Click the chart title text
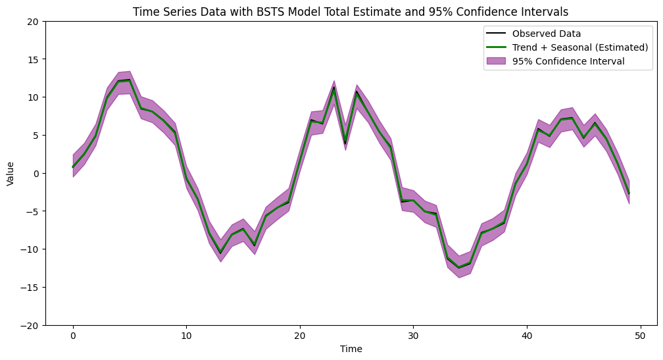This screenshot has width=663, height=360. pyautogui.click(x=351, y=12)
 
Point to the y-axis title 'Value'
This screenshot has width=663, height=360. pyautogui.click(x=11, y=173)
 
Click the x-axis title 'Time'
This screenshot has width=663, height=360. pyautogui.click(x=351, y=349)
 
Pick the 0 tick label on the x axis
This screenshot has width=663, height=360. pyautogui.click(x=73, y=336)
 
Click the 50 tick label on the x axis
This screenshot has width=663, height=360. pyautogui.click(x=641, y=336)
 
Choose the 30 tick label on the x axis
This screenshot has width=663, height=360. pyautogui.click(x=414, y=336)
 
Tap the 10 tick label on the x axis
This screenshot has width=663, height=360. pyautogui.click(x=187, y=336)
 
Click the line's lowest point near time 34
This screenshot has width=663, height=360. pyautogui.click(x=459, y=268)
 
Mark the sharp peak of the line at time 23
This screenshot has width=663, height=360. pyautogui.click(x=334, y=88)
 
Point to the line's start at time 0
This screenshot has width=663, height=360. pyautogui.click(x=73, y=167)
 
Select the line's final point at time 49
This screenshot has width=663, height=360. pyautogui.click(x=629, y=193)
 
